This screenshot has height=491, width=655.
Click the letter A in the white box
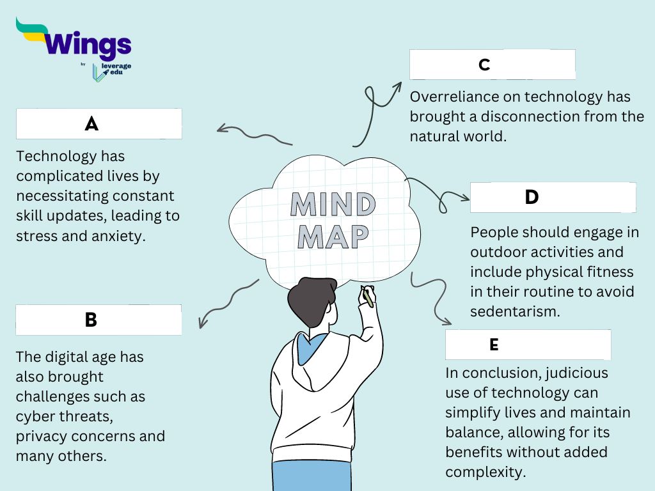coord(91,124)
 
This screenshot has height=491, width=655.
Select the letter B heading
coord(91,320)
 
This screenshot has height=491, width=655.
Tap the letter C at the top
coord(484,65)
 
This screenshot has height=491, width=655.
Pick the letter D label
coord(532,197)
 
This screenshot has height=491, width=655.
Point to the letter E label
coord(494,345)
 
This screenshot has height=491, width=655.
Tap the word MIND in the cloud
coord(333,205)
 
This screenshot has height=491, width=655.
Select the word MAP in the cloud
coord(333,237)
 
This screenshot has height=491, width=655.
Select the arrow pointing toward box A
coord(253,134)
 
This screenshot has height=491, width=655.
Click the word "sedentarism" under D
coord(515,311)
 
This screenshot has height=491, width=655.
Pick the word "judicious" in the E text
coord(578,372)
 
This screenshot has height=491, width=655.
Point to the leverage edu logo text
coord(112,69)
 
